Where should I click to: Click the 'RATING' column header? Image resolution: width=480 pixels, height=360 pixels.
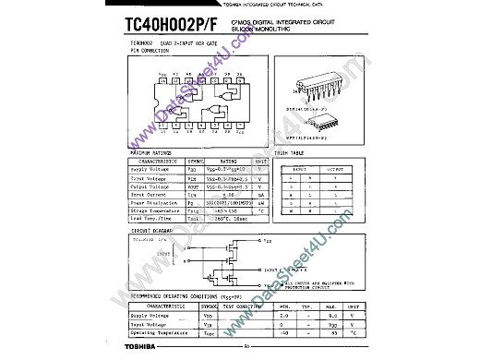[226, 160]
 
